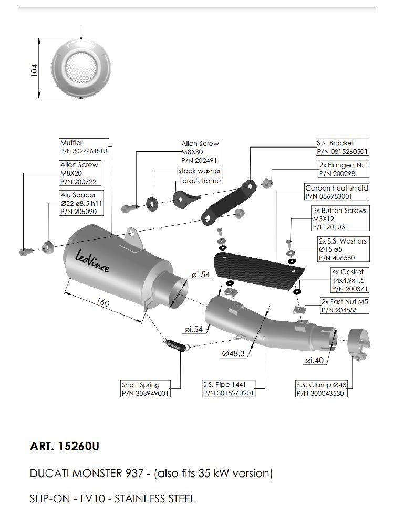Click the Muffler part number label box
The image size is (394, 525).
(x=84, y=146)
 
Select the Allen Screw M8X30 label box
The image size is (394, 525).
(x=200, y=152)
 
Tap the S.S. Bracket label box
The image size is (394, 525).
(x=341, y=147)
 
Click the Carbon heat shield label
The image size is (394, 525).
(x=337, y=192)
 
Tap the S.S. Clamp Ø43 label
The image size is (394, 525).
(x=320, y=388)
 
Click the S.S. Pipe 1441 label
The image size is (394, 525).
(x=229, y=388)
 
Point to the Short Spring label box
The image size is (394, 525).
(x=146, y=388)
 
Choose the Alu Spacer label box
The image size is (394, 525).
(x=78, y=203)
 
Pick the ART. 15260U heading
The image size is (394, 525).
(x=65, y=447)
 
